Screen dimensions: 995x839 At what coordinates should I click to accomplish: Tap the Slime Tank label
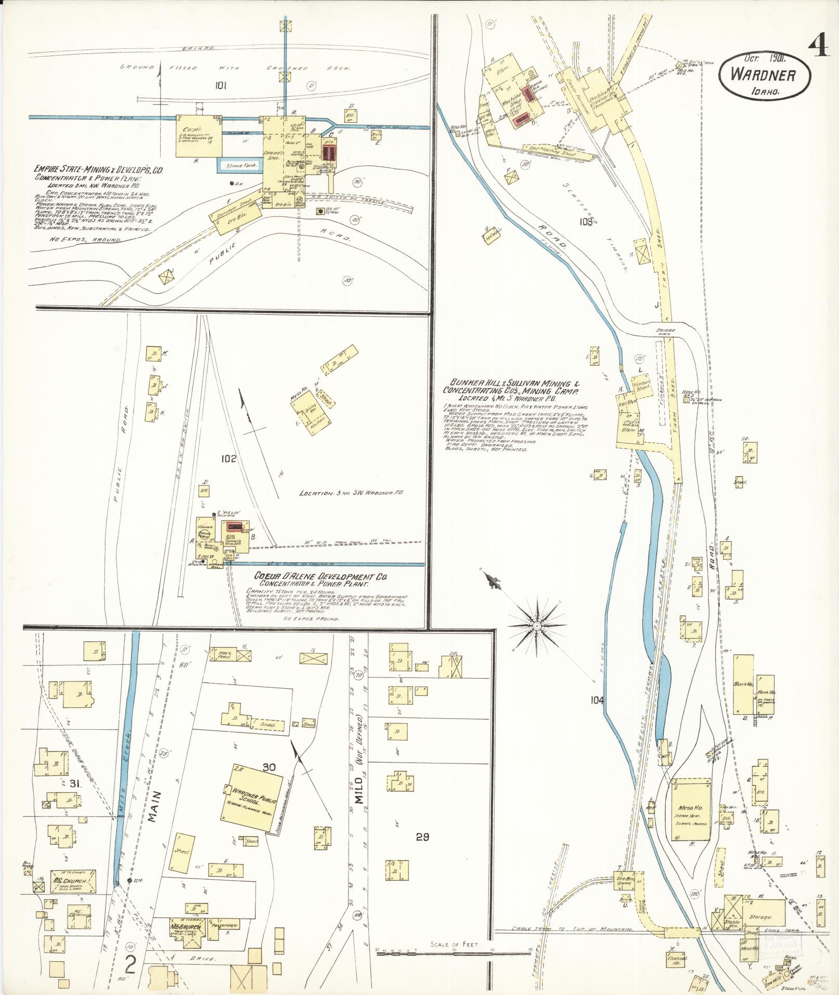point(237,164)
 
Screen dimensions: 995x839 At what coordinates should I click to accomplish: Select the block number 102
point(228,459)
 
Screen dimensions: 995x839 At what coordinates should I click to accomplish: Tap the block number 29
point(422,837)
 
